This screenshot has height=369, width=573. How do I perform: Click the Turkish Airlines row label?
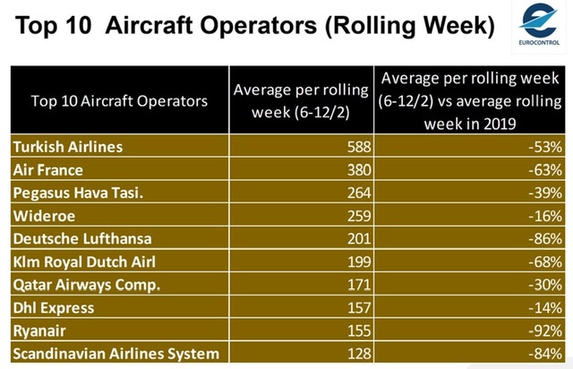(67, 145)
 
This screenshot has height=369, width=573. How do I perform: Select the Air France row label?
(47, 167)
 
